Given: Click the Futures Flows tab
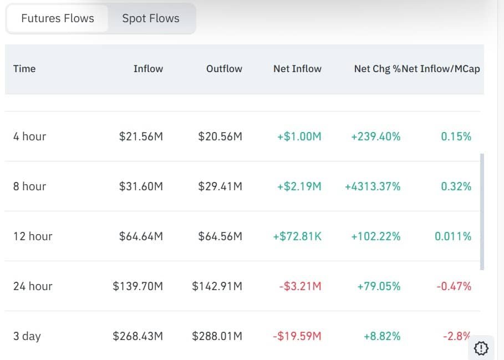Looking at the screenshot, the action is coord(58,18).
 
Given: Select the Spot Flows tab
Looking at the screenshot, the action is coord(151,18).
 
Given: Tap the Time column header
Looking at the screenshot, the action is coord(24,68).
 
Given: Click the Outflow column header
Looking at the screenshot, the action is coord(224,68).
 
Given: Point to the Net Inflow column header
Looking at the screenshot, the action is coord(297,68).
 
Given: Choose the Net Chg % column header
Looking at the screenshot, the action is coord(378,68).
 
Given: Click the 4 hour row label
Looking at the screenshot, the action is coord(29,136).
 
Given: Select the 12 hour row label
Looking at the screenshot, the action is coord(33,236).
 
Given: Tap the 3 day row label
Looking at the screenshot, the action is coord(27,336).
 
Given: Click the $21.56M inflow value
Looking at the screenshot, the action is coord(141,136).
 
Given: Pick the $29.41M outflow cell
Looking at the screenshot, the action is coord(220,186).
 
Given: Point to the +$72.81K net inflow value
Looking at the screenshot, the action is coord(297,236).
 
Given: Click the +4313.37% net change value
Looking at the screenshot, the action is coord(373,186).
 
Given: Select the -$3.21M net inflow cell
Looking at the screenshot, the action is coord(300,286).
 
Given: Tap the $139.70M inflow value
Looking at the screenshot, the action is coord(138,286).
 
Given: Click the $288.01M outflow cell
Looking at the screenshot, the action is coord(217,336).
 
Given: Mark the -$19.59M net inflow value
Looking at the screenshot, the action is coord(297,336).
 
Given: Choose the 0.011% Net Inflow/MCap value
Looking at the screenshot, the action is coord(453,236).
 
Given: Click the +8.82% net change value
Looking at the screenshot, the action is coord(382,336).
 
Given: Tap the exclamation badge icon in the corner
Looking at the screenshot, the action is coord(481,348).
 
